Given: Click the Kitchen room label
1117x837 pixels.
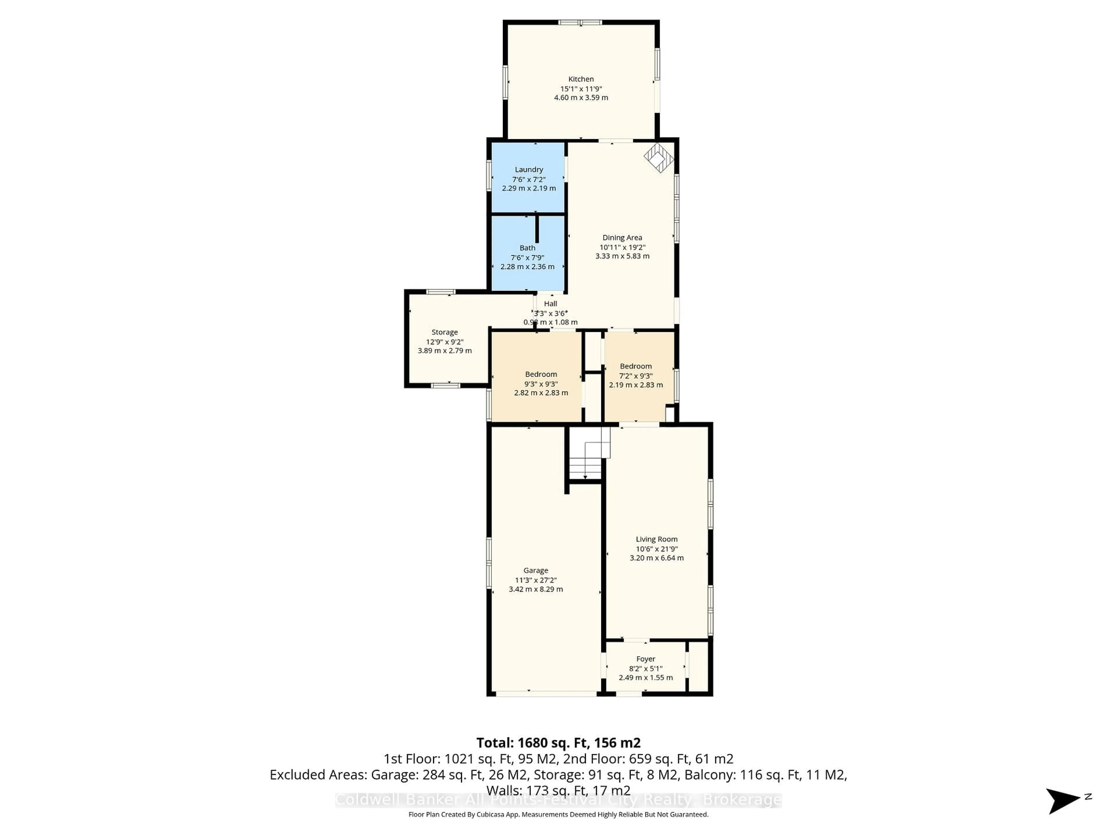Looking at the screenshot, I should (581, 79).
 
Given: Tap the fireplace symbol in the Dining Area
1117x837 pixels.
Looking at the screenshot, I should (659, 158).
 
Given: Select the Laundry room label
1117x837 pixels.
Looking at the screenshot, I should (529, 169).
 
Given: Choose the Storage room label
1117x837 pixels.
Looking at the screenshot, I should (444, 332).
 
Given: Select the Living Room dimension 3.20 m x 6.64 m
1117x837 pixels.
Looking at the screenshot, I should (657, 558).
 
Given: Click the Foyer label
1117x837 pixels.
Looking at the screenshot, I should (645, 659).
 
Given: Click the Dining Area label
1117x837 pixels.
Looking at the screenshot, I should (622, 238).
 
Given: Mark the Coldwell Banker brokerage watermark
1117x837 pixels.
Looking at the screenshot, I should (558, 800).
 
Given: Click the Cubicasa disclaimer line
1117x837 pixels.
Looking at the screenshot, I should (558, 814).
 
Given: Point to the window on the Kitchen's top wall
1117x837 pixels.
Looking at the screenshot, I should (580, 22).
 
